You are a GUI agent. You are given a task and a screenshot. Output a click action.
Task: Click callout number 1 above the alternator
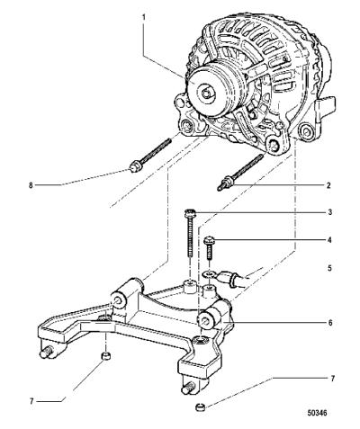[x=144, y=17]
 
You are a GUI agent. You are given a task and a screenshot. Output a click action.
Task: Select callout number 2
[x=328, y=185]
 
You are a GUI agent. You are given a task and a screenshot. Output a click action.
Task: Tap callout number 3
[x=329, y=212]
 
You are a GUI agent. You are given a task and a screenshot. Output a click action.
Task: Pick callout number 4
[x=329, y=240]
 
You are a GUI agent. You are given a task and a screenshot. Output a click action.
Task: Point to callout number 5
[x=329, y=267]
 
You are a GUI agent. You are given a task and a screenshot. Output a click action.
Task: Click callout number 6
[x=330, y=323]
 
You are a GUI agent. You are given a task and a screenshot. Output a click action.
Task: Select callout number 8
[x=31, y=185]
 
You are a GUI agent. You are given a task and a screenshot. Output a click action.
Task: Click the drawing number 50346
[x=317, y=413]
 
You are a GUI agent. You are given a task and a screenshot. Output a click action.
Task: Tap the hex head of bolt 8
[x=134, y=166]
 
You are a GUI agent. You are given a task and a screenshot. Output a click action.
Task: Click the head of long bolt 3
[x=190, y=213]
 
